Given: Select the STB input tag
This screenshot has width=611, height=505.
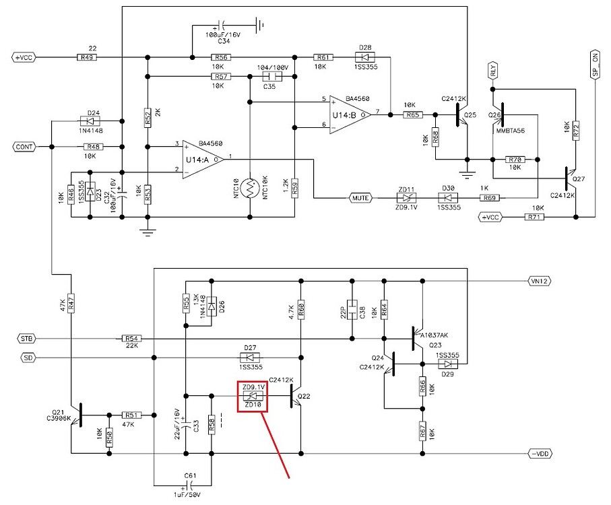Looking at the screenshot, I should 26,338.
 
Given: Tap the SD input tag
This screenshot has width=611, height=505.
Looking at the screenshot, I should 29,358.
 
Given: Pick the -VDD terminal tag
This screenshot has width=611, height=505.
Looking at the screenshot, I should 540,453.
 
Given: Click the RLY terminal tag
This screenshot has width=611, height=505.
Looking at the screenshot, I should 493,69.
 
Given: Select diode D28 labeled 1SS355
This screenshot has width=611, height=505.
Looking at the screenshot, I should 365,57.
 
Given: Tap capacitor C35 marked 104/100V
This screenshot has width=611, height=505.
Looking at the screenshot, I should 269,77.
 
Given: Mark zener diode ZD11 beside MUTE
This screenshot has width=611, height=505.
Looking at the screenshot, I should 406,198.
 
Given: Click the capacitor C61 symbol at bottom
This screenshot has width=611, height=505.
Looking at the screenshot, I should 191,484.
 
